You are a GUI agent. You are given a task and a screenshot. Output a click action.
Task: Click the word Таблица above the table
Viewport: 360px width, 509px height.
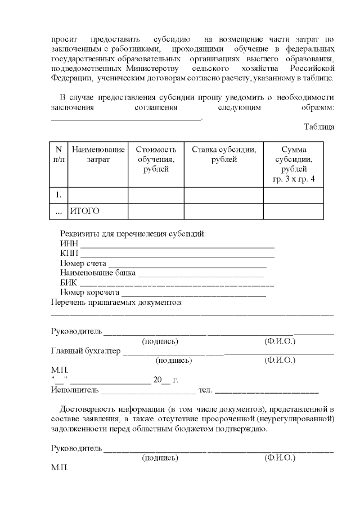pos(319,127)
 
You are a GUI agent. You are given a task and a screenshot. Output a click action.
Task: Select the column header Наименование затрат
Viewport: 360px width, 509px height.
pos(98,155)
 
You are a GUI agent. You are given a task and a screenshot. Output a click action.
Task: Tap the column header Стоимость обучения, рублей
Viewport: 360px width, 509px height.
pos(156,159)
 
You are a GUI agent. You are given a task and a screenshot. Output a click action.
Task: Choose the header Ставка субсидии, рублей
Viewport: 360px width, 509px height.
pos(224,155)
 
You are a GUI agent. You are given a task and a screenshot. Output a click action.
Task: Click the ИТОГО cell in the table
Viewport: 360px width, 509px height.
pos(84,211)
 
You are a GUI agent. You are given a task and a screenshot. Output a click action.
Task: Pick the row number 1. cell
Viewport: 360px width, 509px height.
pos(58,195)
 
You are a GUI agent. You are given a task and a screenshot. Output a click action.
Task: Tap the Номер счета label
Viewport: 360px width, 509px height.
pos(83,264)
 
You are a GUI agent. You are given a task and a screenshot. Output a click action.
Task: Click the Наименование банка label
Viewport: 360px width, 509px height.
pos(98,273)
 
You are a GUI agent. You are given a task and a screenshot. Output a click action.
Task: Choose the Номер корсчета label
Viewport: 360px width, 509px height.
pos(89,292)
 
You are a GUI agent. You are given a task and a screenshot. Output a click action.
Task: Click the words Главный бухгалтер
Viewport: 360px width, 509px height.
pos(85,351)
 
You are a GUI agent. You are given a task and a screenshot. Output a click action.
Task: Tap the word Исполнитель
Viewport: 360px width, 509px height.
pos(74,389)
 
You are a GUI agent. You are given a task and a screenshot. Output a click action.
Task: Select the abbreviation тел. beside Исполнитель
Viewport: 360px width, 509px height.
pos(205,389)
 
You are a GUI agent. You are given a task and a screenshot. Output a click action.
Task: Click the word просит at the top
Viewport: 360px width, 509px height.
pos(63,39)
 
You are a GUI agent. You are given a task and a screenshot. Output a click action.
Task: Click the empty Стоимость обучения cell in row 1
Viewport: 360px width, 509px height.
pos(156,195)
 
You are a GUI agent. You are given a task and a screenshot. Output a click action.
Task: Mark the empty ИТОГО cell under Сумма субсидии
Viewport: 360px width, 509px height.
pos(293,211)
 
